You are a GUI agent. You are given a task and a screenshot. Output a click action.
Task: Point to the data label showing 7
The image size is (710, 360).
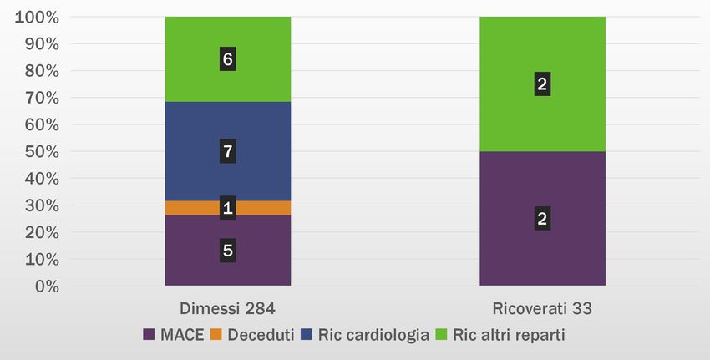click(x=227, y=152)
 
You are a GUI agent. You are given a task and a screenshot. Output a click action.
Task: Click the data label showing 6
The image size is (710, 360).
click(x=227, y=59)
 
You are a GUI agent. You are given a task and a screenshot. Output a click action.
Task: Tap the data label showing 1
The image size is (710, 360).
click(x=227, y=208)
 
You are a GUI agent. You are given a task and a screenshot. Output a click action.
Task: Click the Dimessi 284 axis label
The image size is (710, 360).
click(x=227, y=308)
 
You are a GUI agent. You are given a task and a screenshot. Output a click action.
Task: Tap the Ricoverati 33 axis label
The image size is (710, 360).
click(x=542, y=308)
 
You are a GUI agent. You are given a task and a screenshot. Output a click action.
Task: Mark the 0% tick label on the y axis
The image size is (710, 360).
click(x=43, y=286)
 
